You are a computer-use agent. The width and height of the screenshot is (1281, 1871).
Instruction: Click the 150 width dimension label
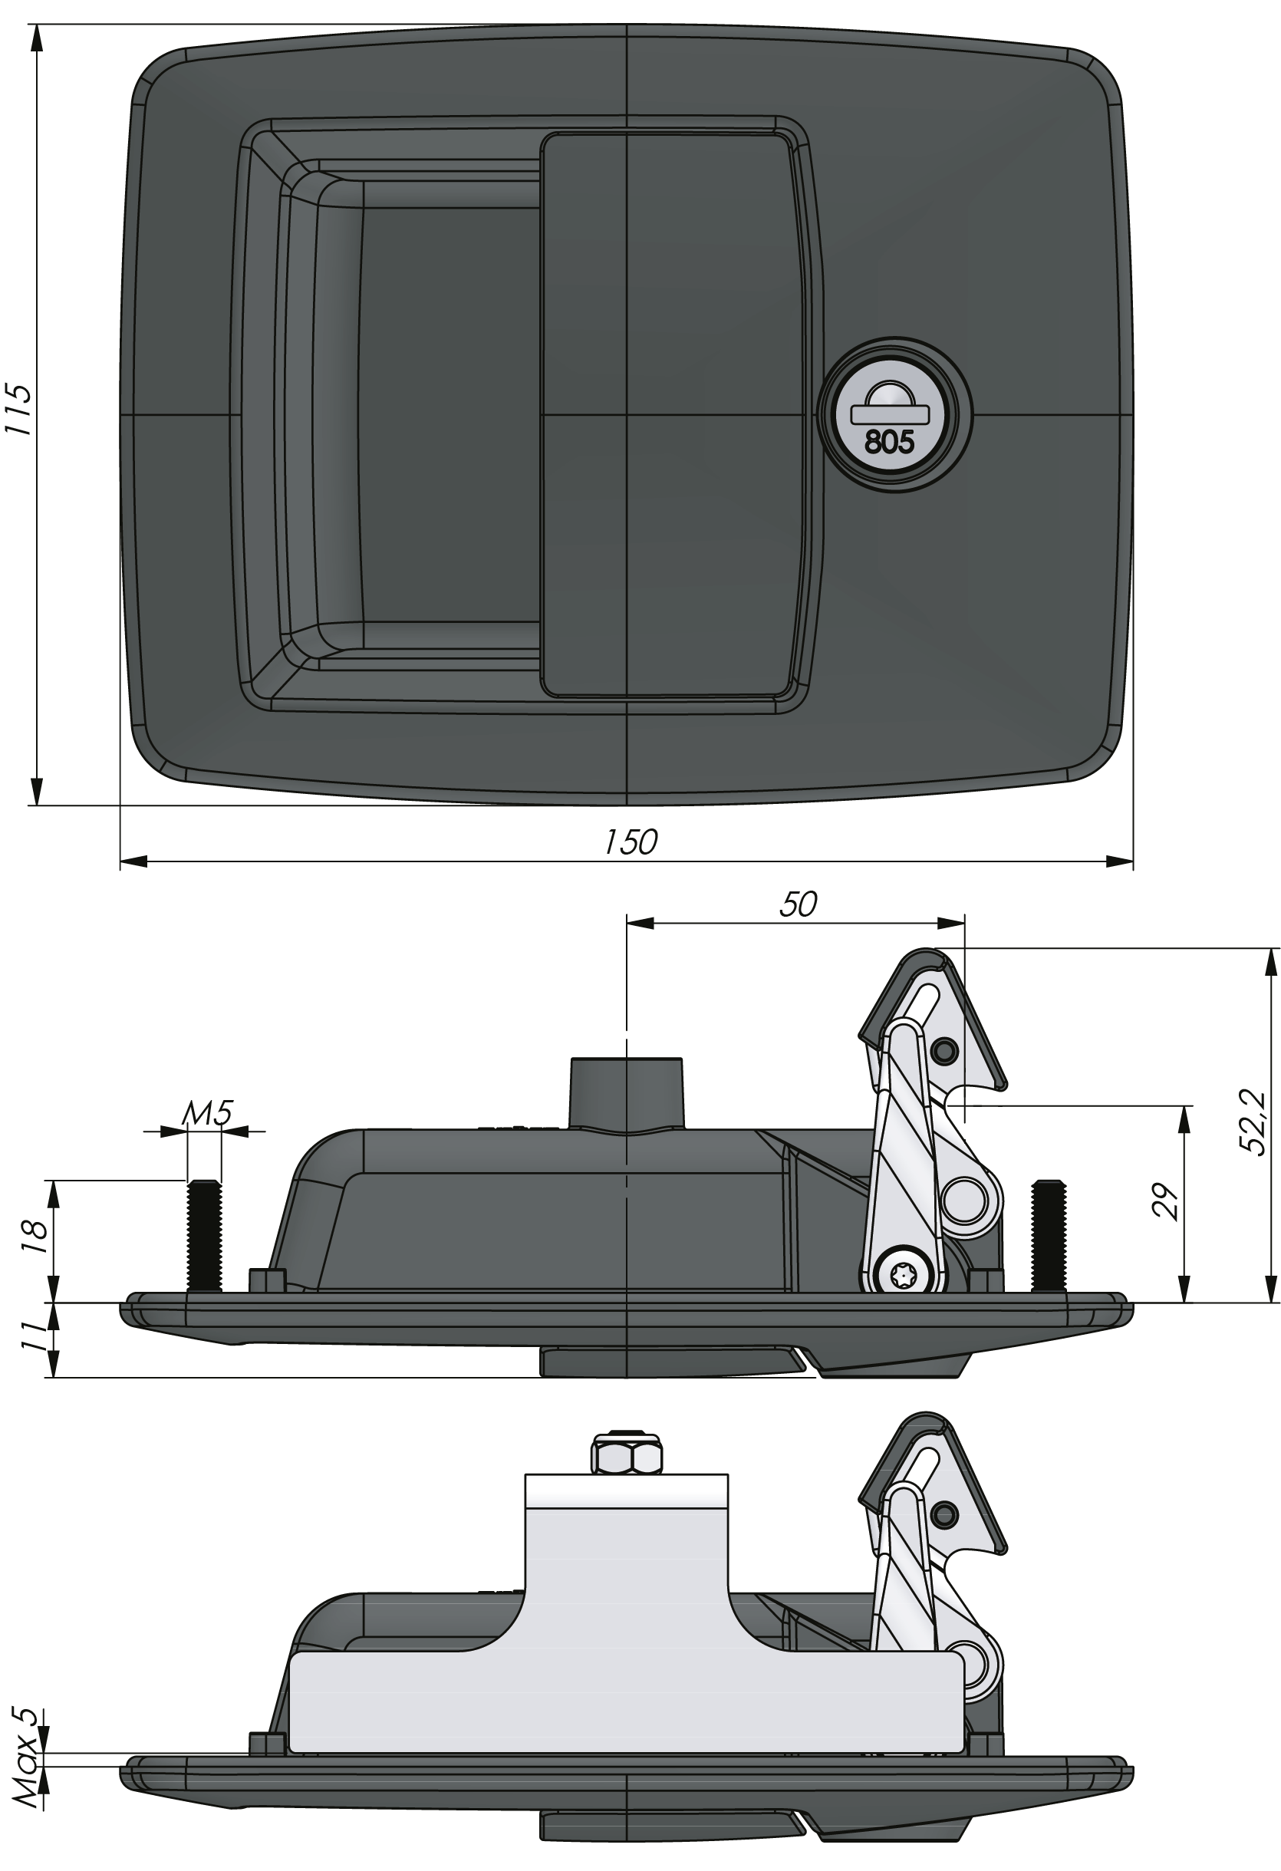(631, 842)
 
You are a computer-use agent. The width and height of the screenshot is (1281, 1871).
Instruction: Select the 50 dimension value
(798, 905)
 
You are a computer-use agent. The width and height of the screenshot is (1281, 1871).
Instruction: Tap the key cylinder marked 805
(892, 413)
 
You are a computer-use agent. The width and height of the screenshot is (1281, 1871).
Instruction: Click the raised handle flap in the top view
(672, 413)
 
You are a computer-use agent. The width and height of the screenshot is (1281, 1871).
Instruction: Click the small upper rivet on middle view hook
(945, 1050)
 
